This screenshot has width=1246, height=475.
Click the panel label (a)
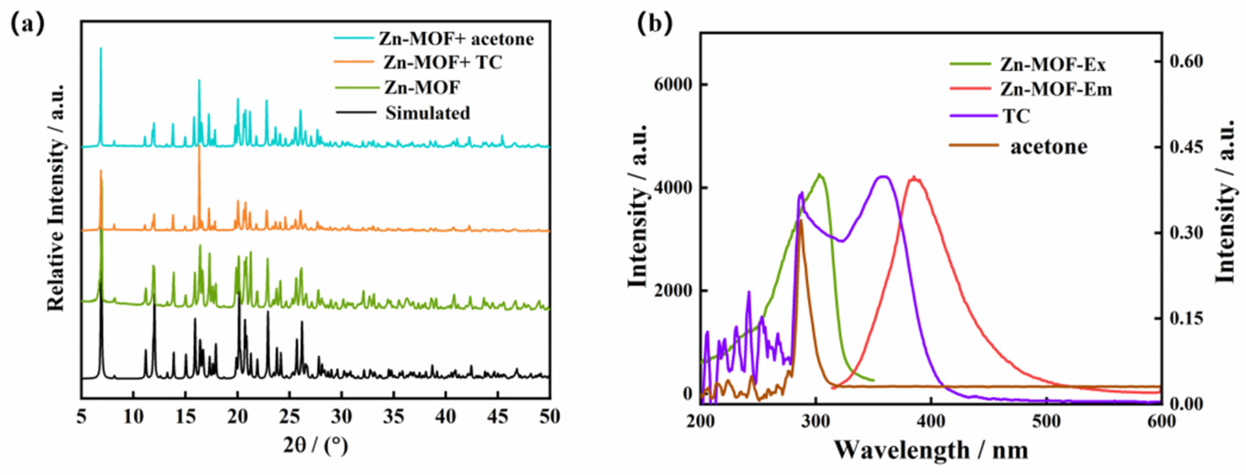click(x=27, y=24)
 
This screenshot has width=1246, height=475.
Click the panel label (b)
click(x=655, y=24)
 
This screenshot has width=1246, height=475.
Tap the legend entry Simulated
click(x=428, y=113)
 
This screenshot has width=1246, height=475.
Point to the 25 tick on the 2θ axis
click(x=289, y=417)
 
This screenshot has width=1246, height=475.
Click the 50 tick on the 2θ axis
click(x=549, y=417)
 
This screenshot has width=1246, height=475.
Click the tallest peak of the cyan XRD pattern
click(x=101, y=48)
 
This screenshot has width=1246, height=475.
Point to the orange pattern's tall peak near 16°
click(x=199, y=146)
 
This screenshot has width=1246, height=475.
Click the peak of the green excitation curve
click(x=819, y=175)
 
